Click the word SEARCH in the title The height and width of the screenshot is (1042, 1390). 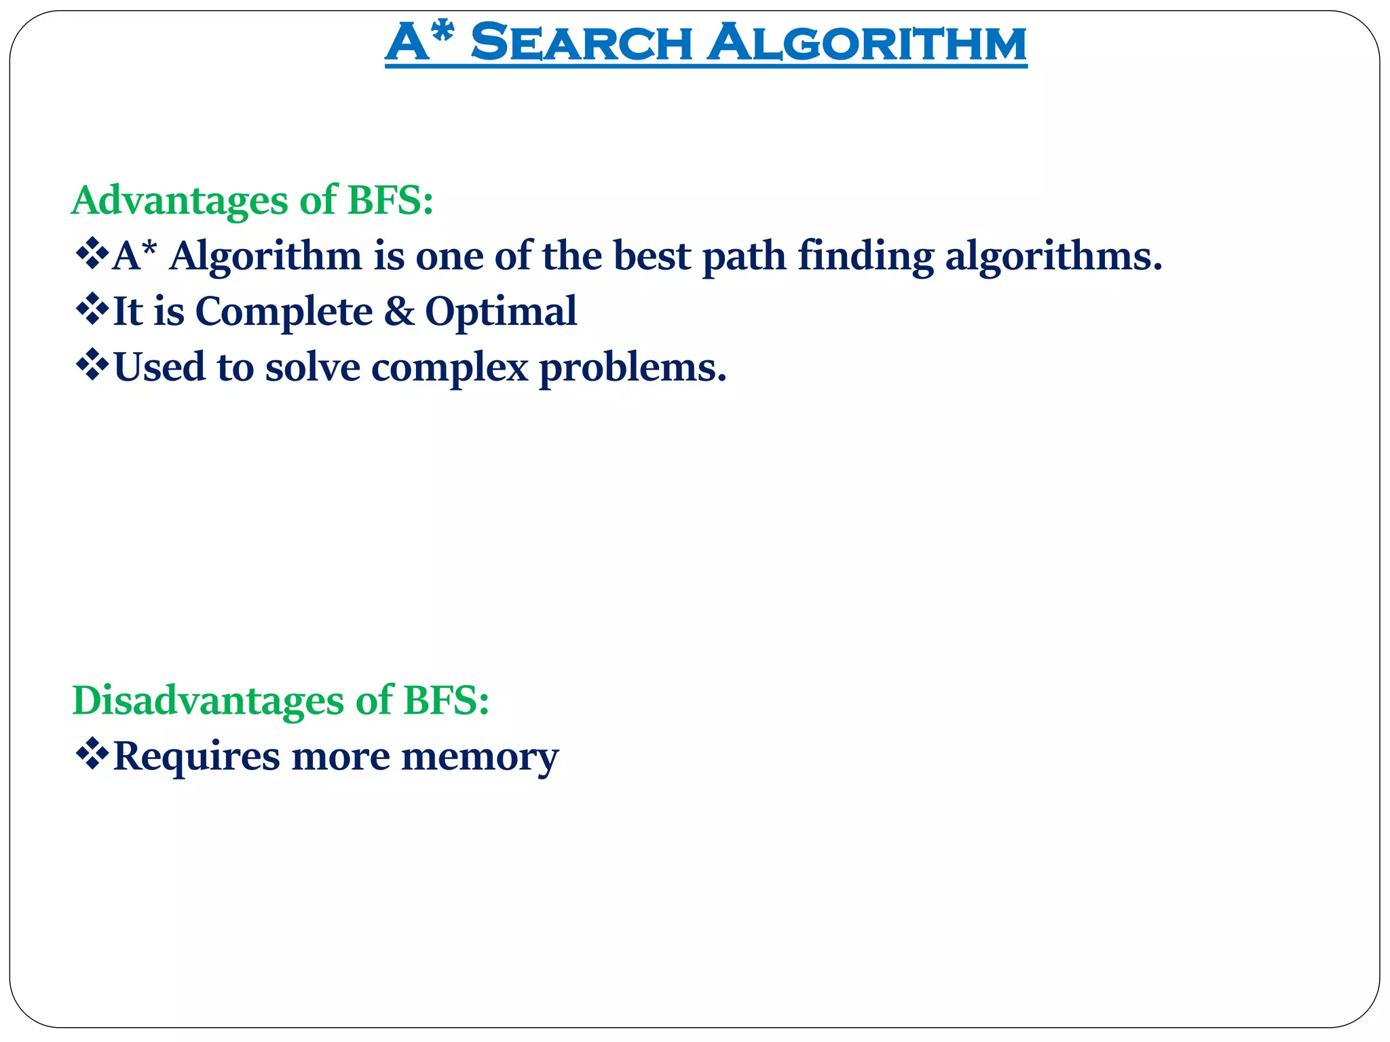(x=580, y=43)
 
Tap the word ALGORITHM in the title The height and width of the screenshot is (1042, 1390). (x=867, y=43)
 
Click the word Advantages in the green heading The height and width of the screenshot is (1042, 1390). (x=180, y=201)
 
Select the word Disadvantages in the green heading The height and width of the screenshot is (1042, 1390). (x=208, y=701)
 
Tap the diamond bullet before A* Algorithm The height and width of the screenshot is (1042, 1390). (x=92, y=255)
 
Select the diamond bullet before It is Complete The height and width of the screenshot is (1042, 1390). (x=92, y=311)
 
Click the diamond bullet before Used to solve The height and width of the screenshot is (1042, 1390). (x=92, y=366)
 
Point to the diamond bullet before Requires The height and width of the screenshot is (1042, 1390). (x=92, y=755)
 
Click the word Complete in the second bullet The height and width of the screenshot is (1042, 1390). (x=284, y=312)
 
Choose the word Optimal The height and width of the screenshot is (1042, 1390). (x=501, y=312)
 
